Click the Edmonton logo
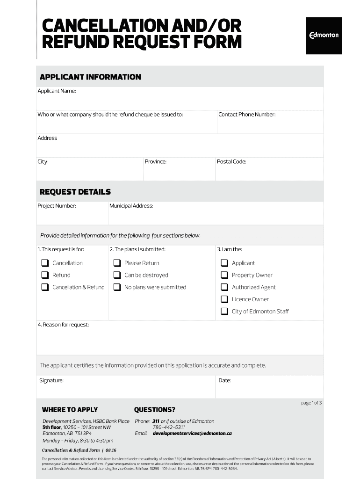point(324,36)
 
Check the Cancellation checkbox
point(45,263)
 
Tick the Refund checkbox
point(45,275)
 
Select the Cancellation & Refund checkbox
point(45,287)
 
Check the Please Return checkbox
point(117,263)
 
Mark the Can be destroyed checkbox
point(117,275)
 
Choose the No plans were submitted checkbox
point(117,287)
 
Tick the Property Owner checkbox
point(224,275)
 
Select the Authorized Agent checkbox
point(224,287)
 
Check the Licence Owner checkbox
point(224,299)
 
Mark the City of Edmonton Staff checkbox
point(224,312)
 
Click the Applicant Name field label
point(57,91)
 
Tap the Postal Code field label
point(231,162)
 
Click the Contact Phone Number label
point(247,115)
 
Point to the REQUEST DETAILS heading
point(75,192)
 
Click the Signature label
point(51,381)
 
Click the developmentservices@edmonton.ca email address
point(192,434)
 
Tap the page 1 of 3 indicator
point(311,403)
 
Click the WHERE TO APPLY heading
point(70,410)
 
